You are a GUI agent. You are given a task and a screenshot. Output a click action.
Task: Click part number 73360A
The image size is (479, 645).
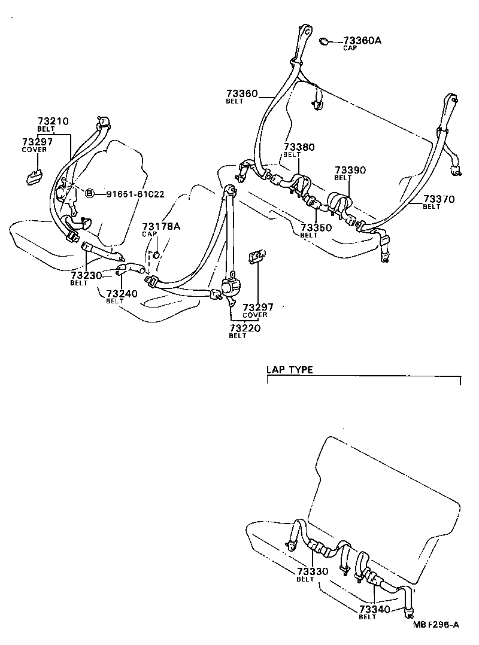(362, 41)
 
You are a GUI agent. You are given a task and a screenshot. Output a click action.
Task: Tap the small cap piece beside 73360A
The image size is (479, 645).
(325, 41)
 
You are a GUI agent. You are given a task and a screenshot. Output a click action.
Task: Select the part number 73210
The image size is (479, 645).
(53, 121)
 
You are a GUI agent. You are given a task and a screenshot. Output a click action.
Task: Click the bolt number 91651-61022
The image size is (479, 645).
(135, 193)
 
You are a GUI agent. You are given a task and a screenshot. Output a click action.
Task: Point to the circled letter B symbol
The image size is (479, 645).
(89, 193)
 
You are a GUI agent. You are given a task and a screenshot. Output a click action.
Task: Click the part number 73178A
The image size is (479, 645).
(161, 226)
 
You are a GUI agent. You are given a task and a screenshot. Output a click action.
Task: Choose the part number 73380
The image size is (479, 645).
(299, 147)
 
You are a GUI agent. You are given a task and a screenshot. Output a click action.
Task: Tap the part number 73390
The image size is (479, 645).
(350, 171)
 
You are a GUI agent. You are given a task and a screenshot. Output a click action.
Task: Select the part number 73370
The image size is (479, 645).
(439, 199)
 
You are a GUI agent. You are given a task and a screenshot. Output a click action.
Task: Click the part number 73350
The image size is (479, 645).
(316, 228)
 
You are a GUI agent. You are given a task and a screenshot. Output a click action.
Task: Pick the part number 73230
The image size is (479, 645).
(86, 275)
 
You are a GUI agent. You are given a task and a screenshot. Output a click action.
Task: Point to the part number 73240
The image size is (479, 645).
(122, 293)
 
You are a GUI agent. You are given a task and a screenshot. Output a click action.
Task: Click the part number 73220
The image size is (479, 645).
(245, 328)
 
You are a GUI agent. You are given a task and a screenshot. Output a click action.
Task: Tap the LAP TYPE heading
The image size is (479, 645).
(290, 370)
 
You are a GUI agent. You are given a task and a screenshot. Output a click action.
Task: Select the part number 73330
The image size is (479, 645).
(313, 571)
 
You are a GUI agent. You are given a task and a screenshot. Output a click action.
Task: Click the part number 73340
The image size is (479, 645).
(375, 610)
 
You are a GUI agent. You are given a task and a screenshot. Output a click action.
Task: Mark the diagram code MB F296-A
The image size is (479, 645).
(435, 625)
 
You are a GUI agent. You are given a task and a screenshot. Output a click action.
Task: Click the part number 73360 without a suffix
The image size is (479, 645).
(242, 94)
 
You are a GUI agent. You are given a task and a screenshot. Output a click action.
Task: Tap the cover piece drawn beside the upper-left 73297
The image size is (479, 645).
(34, 177)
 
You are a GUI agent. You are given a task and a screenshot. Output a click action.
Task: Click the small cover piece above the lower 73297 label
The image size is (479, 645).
(257, 257)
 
